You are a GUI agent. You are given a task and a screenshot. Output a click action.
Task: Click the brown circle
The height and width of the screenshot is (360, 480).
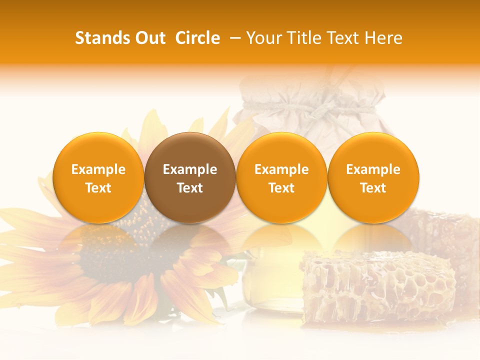point(190,177)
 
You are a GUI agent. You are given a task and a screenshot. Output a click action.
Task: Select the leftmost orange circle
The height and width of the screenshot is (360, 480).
point(98,177)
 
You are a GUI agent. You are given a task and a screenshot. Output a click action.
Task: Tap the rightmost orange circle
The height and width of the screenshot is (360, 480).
point(373,177)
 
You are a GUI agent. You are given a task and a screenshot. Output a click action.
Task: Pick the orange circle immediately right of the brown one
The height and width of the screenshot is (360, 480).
point(281,177)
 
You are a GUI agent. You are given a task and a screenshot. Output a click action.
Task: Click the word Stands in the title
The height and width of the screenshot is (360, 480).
point(102,38)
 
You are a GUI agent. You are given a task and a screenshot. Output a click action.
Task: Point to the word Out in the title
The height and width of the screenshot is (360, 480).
point(150,38)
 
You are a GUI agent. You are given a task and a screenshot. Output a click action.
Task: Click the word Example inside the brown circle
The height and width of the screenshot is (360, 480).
point(190,169)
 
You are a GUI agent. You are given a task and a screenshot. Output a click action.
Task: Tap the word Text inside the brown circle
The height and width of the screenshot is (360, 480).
point(190,188)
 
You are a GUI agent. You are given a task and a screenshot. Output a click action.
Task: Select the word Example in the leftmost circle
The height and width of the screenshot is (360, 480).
point(98,169)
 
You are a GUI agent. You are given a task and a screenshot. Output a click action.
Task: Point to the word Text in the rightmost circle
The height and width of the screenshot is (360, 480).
point(373,188)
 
